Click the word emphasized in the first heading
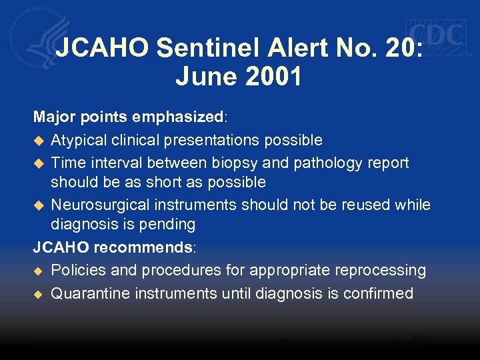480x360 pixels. click(x=179, y=117)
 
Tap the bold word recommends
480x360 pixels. click(x=143, y=247)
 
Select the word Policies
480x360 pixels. click(x=77, y=270)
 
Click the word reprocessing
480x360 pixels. click(x=381, y=270)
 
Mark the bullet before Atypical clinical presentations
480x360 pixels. click(x=38, y=141)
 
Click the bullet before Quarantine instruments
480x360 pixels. click(x=38, y=293)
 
